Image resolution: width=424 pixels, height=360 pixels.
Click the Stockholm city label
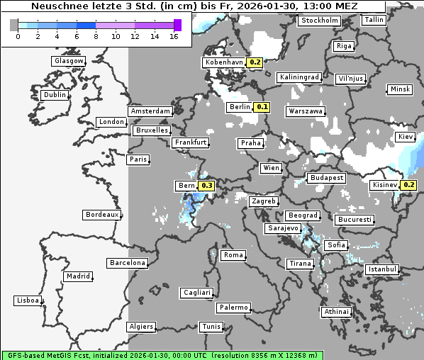pos(320,21)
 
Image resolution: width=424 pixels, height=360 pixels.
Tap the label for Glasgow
pos(69,61)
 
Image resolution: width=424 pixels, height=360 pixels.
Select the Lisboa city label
pos(28,300)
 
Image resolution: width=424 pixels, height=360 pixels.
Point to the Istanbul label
pos(382,270)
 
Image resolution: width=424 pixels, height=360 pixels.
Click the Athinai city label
pos(336,312)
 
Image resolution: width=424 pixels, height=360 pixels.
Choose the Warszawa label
pos(306,111)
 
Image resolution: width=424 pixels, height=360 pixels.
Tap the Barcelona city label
pos(128,263)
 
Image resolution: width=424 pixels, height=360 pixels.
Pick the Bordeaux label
pos(101,215)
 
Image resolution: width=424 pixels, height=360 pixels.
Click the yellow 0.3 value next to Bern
pos(206,186)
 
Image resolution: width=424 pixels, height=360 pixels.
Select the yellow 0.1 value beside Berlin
pos(262,107)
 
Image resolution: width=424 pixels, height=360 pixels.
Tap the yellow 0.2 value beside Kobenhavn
pos(255,62)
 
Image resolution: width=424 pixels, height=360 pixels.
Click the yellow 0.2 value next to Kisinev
pos(408,185)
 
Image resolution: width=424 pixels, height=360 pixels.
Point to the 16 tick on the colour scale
pos(174,36)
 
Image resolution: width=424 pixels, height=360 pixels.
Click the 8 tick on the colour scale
pos(96,36)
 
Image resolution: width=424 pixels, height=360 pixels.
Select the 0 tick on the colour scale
pos(17,36)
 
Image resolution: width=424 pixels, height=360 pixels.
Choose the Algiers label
pos(140,327)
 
